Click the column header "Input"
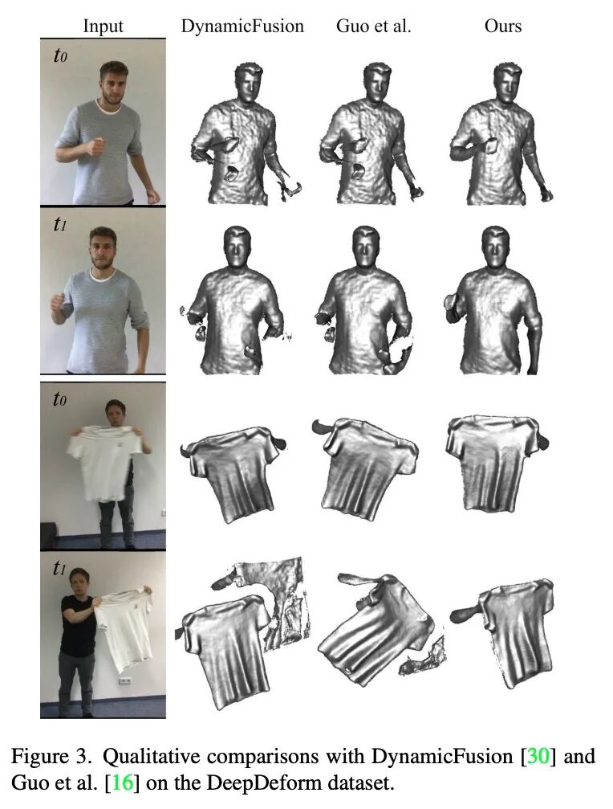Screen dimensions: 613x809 pyautogui.click(x=103, y=26)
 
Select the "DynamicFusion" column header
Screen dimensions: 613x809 pyautogui.click(x=242, y=26)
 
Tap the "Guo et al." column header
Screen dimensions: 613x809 pyautogui.click(x=373, y=26)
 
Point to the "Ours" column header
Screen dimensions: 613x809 pyautogui.click(x=503, y=26)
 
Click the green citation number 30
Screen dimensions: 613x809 pyautogui.click(x=538, y=756)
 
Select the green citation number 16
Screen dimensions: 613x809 pyautogui.click(x=123, y=782)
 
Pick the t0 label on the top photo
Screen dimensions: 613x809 pyautogui.click(x=59, y=55)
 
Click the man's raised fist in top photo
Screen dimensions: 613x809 pyautogui.click(x=95, y=145)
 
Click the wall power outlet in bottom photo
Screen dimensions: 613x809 pyautogui.click(x=124, y=681)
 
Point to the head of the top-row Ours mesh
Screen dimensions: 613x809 pyautogui.click(x=507, y=83)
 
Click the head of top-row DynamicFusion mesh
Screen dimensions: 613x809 pyautogui.click(x=249, y=83)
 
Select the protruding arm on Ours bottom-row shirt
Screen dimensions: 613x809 pyautogui.click(x=465, y=614)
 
